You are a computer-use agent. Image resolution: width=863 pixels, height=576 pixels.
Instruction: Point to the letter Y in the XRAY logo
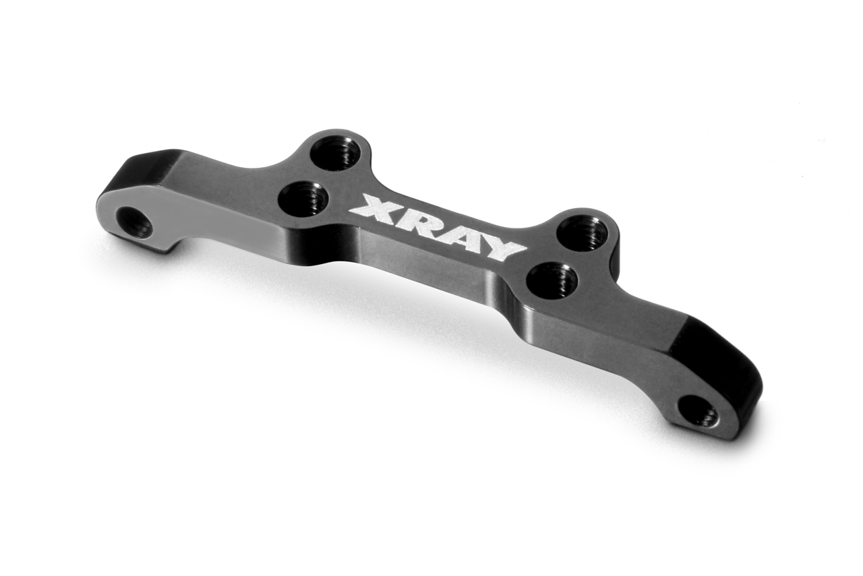[x=498, y=247]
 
